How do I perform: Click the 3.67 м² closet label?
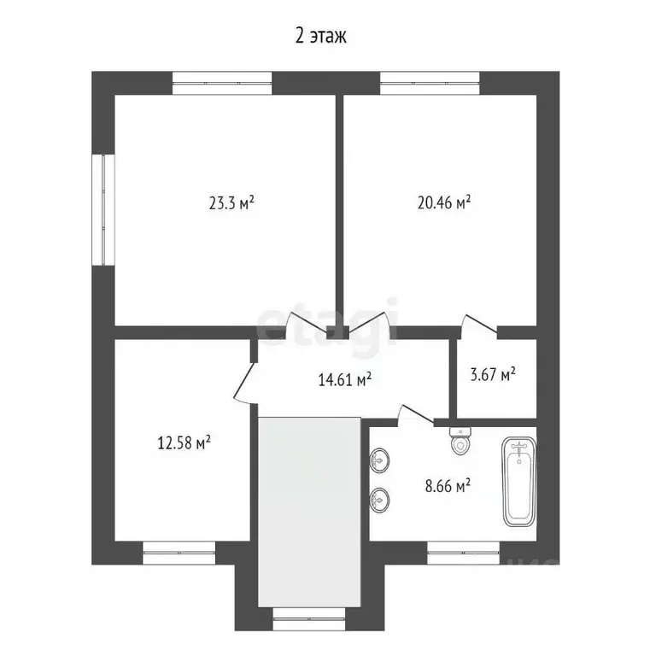[x=493, y=374]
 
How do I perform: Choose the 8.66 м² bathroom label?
[x=448, y=487]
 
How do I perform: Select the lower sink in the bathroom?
[x=378, y=497]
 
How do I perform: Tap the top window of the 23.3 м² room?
[x=221, y=84]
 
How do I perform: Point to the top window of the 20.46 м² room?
[x=430, y=84]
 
